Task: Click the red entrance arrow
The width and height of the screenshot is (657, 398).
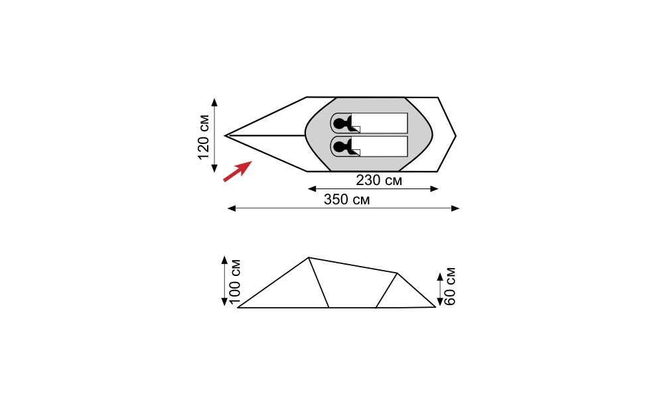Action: [238, 171]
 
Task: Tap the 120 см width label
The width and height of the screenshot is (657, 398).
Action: [204, 137]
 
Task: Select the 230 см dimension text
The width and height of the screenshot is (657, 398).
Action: [379, 180]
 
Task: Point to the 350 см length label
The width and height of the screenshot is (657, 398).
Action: [346, 200]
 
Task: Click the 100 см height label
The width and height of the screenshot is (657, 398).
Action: [235, 281]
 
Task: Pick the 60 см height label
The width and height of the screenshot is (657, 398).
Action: [449, 286]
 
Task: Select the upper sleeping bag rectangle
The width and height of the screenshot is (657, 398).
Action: [369, 123]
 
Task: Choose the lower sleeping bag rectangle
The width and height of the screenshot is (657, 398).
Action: [369, 147]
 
